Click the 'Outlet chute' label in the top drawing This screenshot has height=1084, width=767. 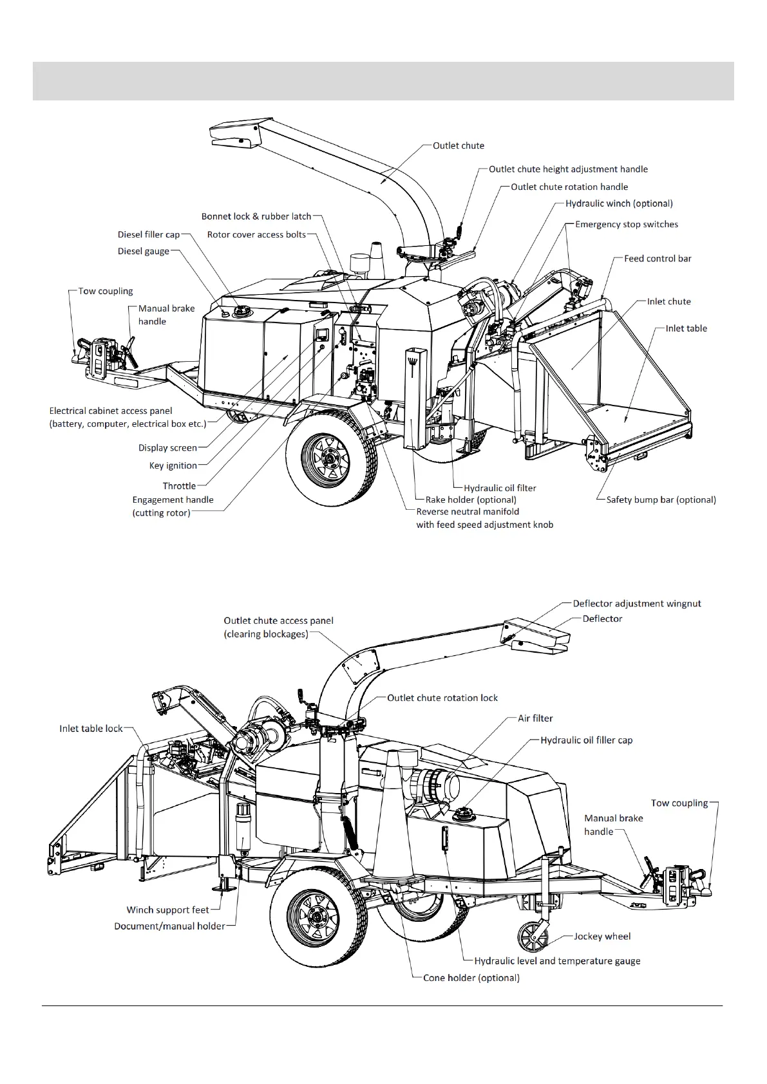pos(458,146)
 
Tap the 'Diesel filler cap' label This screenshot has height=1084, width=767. pos(149,235)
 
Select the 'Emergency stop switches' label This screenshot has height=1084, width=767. pos(626,225)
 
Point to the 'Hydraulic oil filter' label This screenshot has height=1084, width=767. pos(500,488)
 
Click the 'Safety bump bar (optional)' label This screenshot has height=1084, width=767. pos(661,500)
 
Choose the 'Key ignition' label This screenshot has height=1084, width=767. pos(173,465)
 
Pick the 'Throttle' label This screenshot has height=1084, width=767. pos(179,486)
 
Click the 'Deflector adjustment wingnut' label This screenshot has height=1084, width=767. pos(636,604)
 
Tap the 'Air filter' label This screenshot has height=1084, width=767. pos(535,718)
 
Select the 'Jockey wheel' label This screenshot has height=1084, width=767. pos(602,937)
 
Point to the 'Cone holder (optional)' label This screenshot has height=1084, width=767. pos(471,978)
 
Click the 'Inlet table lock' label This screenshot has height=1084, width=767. pos(91,729)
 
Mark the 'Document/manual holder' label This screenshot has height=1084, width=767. pos(169,926)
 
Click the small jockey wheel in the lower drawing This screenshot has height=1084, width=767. pos(533,945)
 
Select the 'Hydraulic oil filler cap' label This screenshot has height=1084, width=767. pos(586,740)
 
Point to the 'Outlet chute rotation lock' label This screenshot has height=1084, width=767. pos(442,698)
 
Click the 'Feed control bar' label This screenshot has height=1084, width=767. pos(658,259)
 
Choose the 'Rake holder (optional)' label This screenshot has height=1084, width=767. pos(471,500)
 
